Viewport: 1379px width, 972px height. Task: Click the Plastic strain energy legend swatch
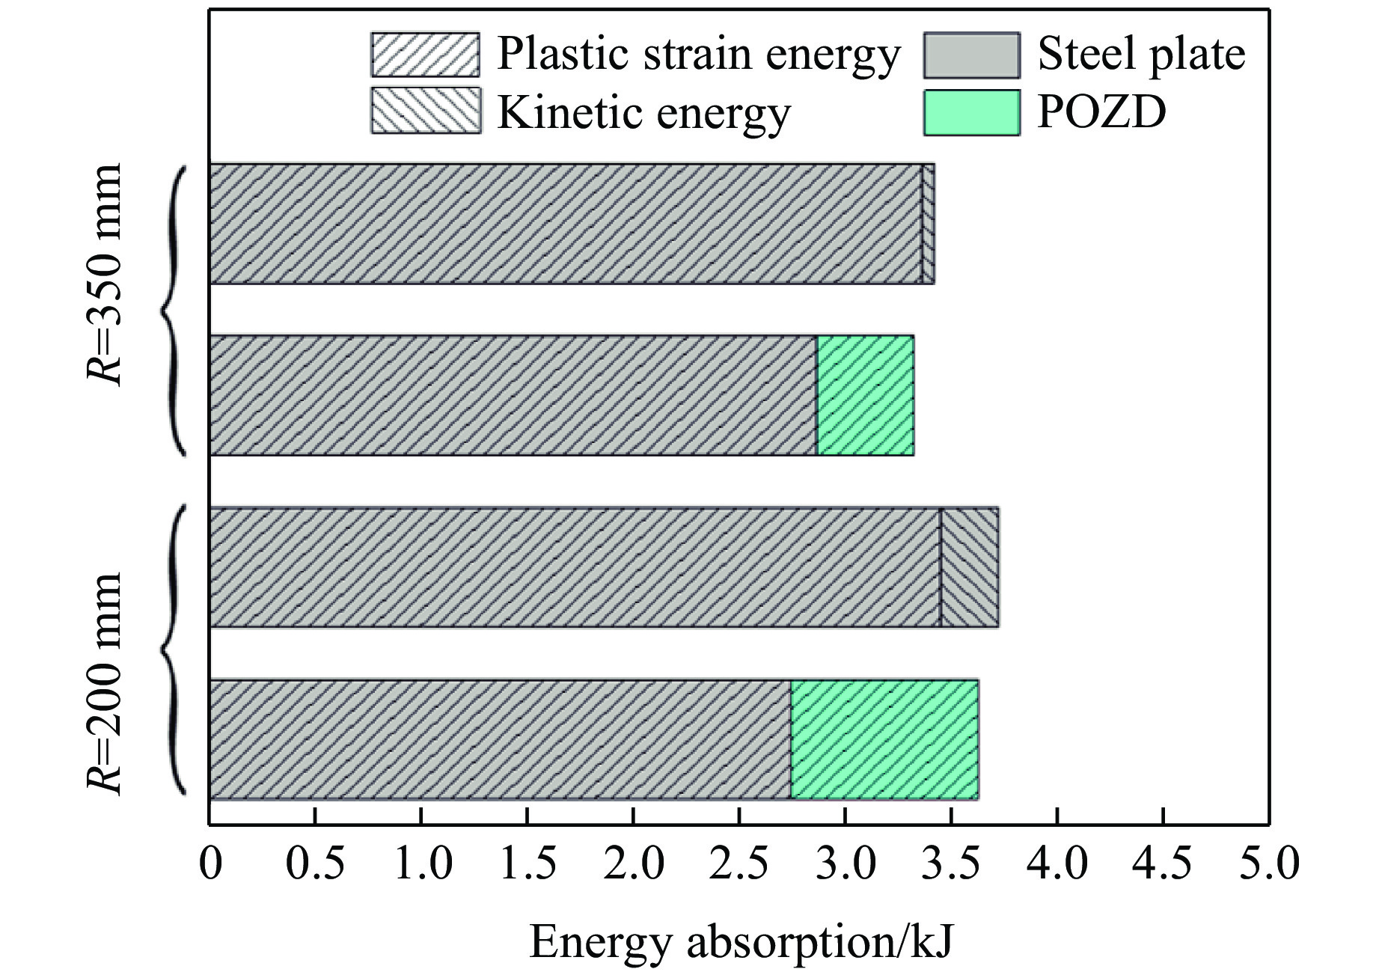coord(425,55)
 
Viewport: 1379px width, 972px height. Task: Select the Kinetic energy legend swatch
coord(425,111)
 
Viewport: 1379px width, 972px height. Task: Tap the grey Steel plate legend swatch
coord(971,55)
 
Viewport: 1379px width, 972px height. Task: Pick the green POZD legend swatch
coord(971,112)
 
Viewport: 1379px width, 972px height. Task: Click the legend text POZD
coord(1101,112)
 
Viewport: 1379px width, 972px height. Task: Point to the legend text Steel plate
coord(1141,55)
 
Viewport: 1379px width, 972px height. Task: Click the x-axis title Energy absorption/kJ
coord(741,941)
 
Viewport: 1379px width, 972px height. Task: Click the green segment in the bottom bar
coord(884,739)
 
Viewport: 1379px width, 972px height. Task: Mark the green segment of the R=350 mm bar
coord(865,395)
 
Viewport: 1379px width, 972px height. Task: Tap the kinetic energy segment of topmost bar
coord(928,224)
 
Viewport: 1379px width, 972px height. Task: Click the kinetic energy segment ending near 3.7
coord(969,567)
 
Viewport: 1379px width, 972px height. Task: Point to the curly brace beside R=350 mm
coord(172,310)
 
